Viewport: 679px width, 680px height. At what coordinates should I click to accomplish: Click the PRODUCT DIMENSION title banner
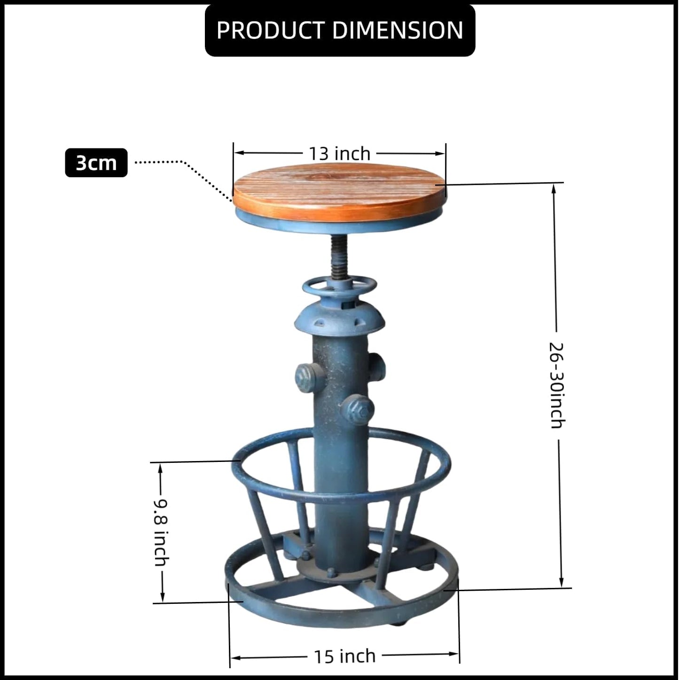tap(340, 30)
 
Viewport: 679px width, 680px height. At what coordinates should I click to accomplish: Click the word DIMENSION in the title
tap(398, 30)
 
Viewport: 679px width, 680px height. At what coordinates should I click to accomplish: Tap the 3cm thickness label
tap(96, 163)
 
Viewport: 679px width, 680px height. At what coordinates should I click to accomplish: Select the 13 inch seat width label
tap(339, 154)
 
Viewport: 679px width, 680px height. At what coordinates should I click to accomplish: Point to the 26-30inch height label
tap(557, 385)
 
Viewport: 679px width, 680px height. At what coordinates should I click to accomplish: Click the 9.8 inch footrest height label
tap(161, 532)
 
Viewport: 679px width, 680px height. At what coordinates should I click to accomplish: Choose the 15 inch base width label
tap(344, 656)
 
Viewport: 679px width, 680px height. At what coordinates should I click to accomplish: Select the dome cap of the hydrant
tap(339, 317)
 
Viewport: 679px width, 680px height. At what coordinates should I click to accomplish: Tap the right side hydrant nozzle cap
tap(377, 364)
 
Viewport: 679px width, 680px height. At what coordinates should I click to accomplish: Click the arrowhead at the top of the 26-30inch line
tap(554, 188)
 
